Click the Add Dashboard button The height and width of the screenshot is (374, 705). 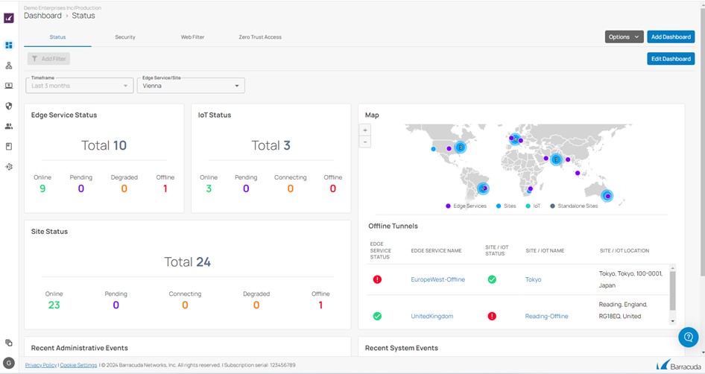[671, 37]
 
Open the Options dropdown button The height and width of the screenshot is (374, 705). [624, 37]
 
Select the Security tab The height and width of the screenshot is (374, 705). [125, 37]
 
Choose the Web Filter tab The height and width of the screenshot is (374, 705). [192, 37]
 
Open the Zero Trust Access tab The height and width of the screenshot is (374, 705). [260, 37]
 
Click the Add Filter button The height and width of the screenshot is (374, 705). [48, 59]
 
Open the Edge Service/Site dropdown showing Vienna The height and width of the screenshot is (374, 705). [191, 86]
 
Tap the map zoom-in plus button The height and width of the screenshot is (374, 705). [365, 130]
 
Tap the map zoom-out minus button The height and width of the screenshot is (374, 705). [365, 142]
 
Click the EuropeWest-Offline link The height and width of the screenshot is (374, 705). [437, 279]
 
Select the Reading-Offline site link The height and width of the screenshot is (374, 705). [546, 316]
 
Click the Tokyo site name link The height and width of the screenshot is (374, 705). [533, 279]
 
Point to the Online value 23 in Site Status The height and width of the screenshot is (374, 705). [54, 305]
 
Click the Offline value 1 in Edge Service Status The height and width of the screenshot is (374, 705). [165, 188]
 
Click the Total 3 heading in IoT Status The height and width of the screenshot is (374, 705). [271, 145]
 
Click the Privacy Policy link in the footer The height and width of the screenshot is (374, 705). [40, 365]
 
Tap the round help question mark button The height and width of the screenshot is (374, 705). [688, 337]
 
